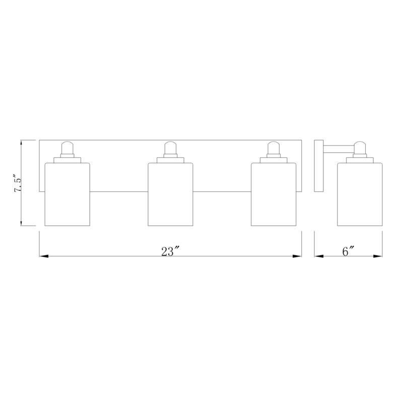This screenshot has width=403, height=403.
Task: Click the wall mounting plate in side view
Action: coord(318,166)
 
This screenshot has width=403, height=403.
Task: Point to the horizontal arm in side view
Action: coord(339,148)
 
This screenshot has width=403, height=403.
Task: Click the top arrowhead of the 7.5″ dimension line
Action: coord(22,143)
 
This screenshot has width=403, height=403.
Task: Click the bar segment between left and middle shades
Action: coord(119,191)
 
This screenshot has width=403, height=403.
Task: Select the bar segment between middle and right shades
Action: coord(222,191)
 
